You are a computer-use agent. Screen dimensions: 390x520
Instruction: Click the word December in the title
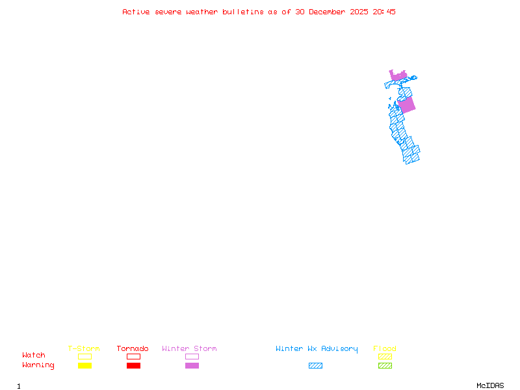point(329,12)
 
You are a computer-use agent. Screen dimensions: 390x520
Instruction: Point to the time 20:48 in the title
point(385,12)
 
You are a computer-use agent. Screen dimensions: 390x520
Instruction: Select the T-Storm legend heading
point(84,349)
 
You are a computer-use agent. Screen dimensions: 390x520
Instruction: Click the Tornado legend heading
point(133,349)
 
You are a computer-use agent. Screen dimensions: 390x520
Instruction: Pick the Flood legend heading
point(385,349)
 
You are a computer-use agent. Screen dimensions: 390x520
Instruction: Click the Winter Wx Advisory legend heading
point(317,349)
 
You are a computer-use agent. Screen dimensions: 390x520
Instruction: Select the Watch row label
point(34,356)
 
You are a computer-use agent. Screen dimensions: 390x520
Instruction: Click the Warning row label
point(38,365)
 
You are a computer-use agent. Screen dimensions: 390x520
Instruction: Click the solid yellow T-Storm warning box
point(84,366)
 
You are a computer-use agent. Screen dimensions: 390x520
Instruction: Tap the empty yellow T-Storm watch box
point(84,356)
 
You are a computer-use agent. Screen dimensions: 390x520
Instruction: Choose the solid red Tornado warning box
point(133,366)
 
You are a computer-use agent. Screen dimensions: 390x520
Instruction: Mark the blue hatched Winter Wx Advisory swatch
point(315,366)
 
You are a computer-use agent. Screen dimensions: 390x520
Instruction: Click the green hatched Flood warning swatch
point(385,366)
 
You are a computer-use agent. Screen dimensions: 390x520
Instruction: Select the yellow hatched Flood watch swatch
point(385,356)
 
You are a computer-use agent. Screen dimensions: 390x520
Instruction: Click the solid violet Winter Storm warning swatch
point(192,366)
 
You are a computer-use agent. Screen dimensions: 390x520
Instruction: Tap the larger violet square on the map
point(406,105)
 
